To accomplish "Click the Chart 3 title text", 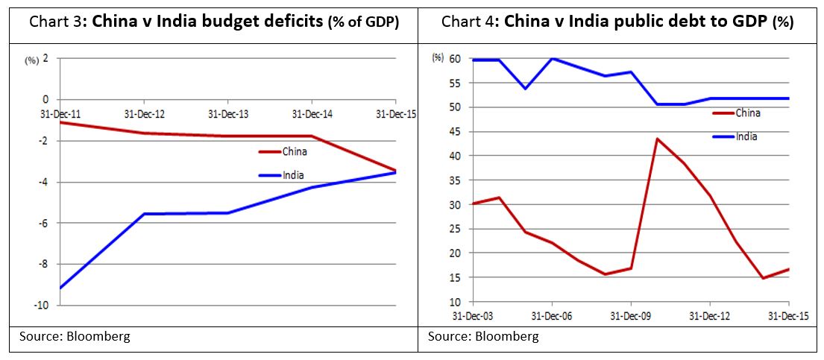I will point(214,22).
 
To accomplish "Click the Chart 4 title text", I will point(617,22).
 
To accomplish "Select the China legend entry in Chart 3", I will point(295,152).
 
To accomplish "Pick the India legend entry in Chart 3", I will point(292,176).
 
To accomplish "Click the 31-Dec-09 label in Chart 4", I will point(631,315).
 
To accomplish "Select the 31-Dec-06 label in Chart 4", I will point(551,315).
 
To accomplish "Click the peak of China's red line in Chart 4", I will point(657,139).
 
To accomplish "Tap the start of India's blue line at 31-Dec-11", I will point(60,288).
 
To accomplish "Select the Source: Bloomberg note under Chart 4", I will point(483,337).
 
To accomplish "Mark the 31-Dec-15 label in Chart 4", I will point(788,315).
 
